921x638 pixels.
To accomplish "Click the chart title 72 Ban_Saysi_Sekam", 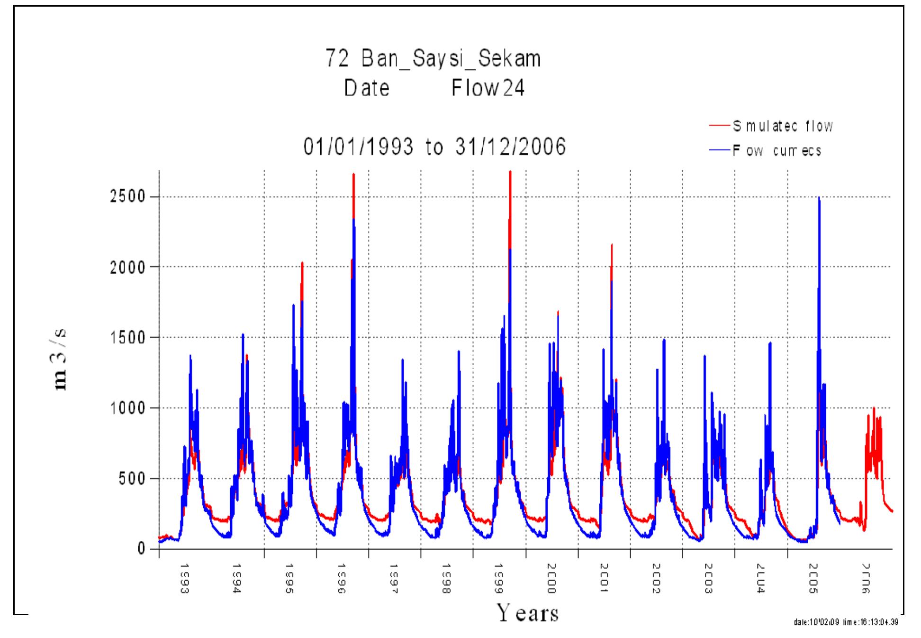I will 433,59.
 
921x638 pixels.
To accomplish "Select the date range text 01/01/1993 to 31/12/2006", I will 434,147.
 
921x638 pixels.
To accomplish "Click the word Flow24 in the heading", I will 488,88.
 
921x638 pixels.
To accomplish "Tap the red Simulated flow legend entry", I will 782,126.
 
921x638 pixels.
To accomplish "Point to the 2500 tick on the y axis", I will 127,197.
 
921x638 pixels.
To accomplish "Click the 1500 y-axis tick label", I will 127,338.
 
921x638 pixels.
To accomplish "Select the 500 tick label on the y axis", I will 131,478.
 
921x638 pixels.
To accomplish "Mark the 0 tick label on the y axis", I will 141,549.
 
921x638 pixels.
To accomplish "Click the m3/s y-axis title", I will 61,361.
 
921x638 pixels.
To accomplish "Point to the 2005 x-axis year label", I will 813,578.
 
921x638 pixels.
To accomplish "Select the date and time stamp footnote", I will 845,622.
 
